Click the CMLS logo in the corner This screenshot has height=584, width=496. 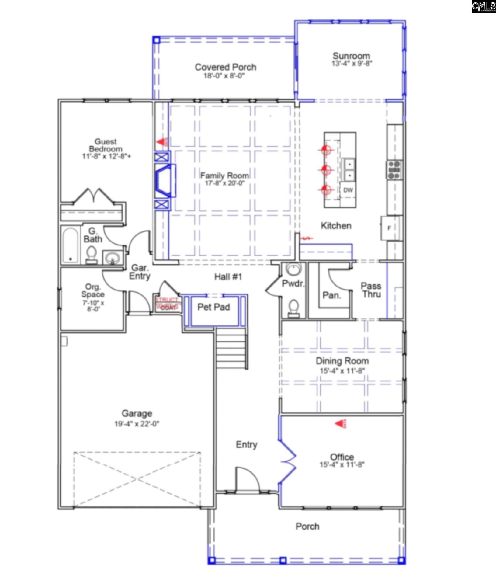pos(483,6)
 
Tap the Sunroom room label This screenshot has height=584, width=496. pos(351,56)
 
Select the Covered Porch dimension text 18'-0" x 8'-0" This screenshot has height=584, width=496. pos(224,76)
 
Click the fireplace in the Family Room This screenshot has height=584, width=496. pos(165,181)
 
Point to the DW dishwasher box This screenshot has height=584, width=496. pos(348,190)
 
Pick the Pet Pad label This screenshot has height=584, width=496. pos(213,307)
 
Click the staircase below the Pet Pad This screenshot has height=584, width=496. pos(231,350)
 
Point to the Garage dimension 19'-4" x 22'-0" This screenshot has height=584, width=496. pos(137,424)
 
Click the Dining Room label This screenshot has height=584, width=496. pos(342,361)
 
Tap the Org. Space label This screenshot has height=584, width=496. pos(93,290)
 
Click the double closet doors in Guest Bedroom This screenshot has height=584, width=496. pos(93,196)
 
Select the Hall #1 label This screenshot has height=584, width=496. pos(228,277)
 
